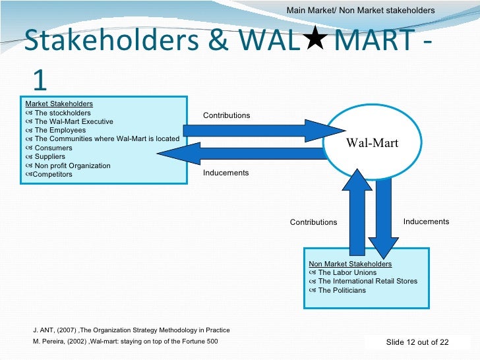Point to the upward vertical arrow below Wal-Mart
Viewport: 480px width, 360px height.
(356, 211)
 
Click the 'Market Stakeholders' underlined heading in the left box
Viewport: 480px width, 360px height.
(59, 104)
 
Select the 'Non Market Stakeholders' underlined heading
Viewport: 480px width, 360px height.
(350, 264)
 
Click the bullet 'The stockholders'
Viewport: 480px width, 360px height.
(63, 113)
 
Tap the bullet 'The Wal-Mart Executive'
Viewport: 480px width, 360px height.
(73, 121)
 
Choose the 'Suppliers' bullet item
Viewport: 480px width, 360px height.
(49, 157)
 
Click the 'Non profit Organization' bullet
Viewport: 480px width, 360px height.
(72, 165)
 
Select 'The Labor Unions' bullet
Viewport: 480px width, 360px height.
(347, 272)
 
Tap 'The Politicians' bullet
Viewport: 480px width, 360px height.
(342, 290)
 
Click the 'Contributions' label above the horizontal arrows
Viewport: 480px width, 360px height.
(226, 115)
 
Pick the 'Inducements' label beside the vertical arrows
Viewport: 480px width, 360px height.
(426, 222)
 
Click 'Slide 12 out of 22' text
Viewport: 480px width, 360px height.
(417, 342)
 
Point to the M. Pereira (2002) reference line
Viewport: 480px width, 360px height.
(125, 341)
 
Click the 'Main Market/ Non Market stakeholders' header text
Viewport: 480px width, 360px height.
(361, 11)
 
